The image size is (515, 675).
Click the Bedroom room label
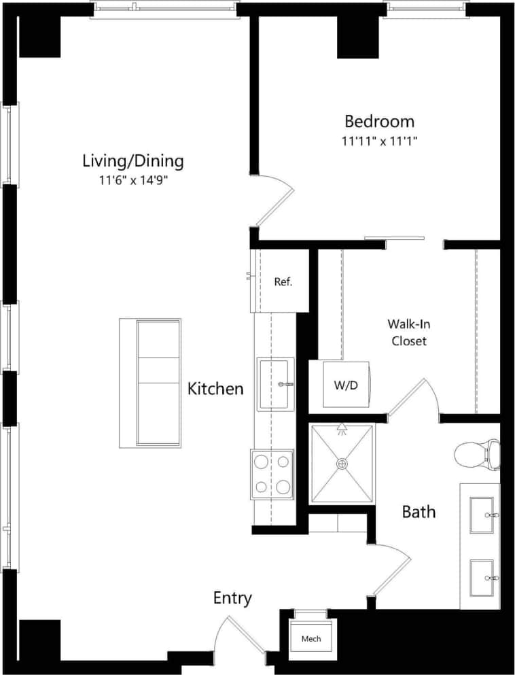click(379, 122)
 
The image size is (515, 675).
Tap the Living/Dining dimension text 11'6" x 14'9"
click(132, 181)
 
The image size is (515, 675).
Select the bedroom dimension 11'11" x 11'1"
click(379, 141)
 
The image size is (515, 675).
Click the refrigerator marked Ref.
click(282, 281)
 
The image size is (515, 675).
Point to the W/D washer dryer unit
click(345, 385)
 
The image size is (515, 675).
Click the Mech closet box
click(311, 639)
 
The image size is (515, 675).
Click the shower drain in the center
click(342, 464)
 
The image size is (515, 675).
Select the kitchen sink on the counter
click(275, 384)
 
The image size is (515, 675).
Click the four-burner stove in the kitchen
click(272, 474)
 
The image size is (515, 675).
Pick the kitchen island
click(150, 383)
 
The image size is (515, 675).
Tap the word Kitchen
click(215, 390)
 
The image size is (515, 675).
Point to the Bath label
click(419, 512)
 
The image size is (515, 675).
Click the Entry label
click(232, 598)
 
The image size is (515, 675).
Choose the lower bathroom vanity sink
click(482, 577)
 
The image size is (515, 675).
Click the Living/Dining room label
click(132, 161)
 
